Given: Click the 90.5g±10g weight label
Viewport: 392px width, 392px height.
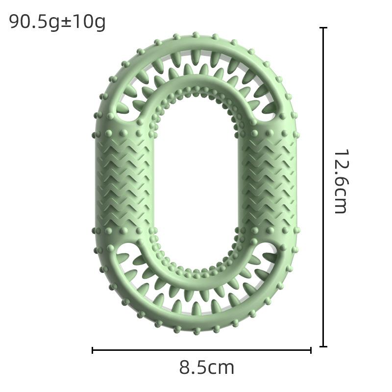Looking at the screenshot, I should pyautogui.click(x=57, y=22).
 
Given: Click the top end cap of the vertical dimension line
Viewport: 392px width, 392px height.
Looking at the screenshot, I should pyautogui.click(x=323, y=28).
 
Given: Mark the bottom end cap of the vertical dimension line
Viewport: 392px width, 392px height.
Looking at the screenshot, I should pyautogui.click(x=323, y=346).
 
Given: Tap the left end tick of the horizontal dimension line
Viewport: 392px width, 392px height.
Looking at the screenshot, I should pyautogui.click(x=93, y=350).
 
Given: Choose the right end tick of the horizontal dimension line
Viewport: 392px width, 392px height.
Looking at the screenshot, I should pyautogui.click(x=311, y=350).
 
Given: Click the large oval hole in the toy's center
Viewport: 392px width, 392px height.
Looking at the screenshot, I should pyautogui.click(x=196, y=181).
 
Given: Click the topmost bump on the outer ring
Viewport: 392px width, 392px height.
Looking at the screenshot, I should pyautogui.click(x=196, y=35).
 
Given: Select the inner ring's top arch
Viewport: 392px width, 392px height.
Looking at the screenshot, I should pyautogui.click(x=196, y=83).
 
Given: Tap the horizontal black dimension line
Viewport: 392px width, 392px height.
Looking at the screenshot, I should pyautogui.click(x=147, y=350).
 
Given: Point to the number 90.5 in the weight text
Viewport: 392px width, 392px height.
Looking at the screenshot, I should pyautogui.click(x=30, y=22).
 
